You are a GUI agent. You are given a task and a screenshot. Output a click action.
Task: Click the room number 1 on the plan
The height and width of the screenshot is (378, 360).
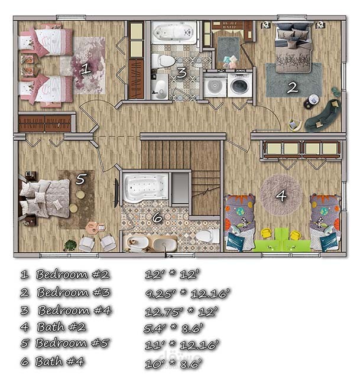pyautogui.click(x=86, y=69)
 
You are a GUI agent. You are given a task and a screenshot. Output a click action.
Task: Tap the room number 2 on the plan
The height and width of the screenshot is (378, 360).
pyautogui.click(x=293, y=87)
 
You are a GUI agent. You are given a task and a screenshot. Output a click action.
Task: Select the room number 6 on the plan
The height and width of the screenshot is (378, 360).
pyautogui.click(x=157, y=218)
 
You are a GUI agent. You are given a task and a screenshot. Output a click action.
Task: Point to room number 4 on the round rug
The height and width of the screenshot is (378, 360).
pyautogui.click(x=281, y=195)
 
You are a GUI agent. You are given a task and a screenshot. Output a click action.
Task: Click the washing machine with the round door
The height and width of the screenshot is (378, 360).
pyautogui.click(x=240, y=85)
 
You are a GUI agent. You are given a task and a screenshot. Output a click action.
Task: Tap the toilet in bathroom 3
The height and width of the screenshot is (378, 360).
pyautogui.click(x=163, y=61)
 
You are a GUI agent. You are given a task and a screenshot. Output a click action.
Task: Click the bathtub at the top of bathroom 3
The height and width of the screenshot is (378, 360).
pyautogui.click(x=174, y=33)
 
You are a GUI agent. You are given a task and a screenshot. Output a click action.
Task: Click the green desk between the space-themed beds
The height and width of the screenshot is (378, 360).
pyautogui.click(x=281, y=241)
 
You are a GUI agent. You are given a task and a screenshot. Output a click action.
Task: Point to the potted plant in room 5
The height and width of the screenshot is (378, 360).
pyautogui.click(x=70, y=245)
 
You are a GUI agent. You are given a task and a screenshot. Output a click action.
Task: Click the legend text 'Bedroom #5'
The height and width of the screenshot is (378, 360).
pyautogui.click(x=72, y=343)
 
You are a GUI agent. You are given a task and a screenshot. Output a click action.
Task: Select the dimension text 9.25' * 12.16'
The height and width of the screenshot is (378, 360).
pyautogui.click(x=187, y=294)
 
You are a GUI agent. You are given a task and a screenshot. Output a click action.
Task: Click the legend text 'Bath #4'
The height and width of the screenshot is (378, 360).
pyautogui.click(x=60, y=361)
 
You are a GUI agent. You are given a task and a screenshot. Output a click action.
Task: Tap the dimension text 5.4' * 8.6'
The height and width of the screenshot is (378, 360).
pyautogui.click(x=173, y=328)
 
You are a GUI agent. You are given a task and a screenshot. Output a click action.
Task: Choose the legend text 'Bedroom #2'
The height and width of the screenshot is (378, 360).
pyautogui.click(x=73, y=274)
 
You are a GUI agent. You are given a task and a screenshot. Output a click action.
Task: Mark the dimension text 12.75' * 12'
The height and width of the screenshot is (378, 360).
pyautogui.click(x=181, y=311)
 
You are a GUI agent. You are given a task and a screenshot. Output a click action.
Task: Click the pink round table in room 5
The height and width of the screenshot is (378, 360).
pyautogui.click(x=93, y=227)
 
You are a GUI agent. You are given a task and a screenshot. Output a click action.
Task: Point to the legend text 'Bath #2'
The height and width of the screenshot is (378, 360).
pyautogui.click(x=61, y=327)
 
